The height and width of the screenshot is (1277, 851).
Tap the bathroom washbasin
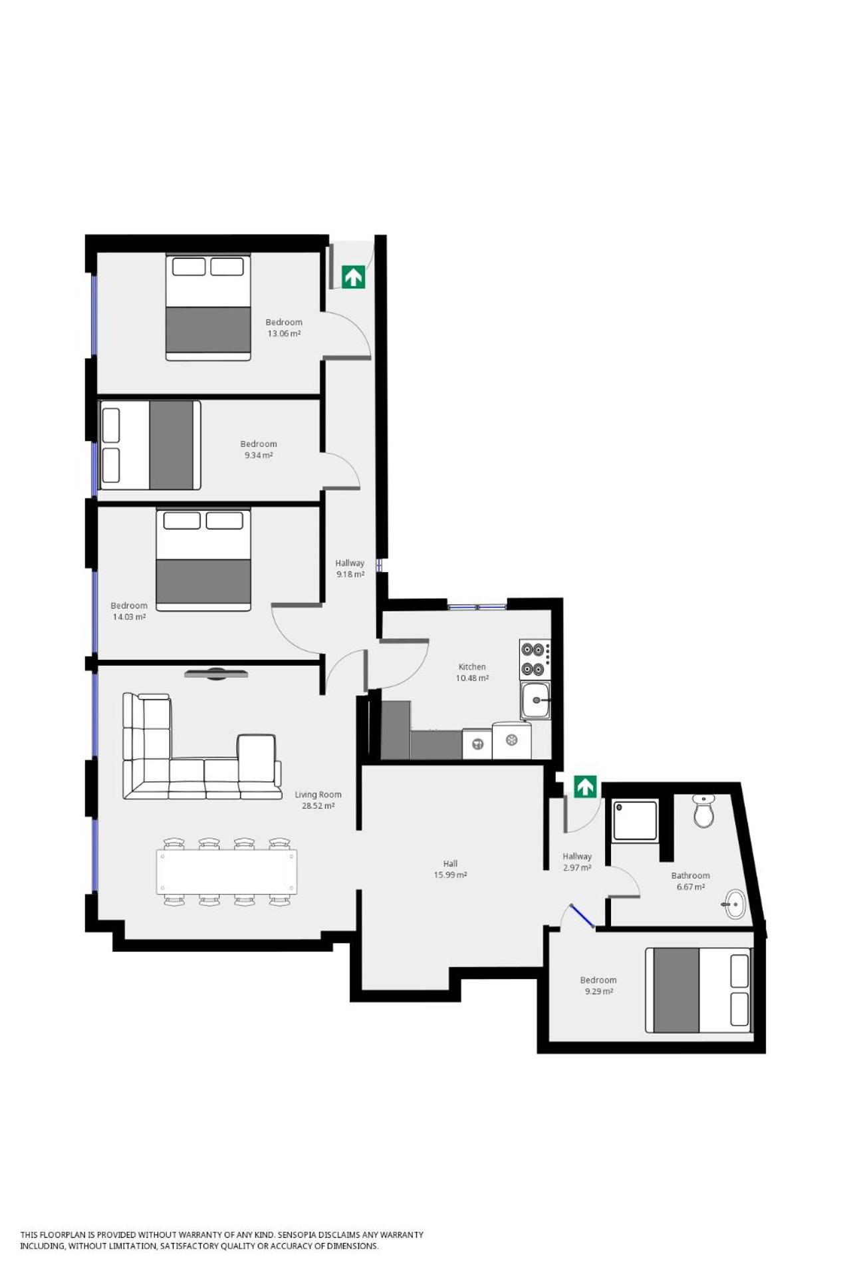point(734,904)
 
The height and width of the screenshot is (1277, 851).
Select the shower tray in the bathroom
point(635,821)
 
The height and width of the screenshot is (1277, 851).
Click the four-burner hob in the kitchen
point(535,659)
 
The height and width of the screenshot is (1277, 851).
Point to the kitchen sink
point(535,700)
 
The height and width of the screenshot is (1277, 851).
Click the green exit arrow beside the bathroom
point(585,787)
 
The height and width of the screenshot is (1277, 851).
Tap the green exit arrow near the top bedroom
point(353,277)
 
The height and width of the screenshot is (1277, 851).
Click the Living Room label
point(318,794)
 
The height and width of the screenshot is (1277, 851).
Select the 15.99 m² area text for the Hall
point(450,875)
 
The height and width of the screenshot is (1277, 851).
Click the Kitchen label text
point(472,666)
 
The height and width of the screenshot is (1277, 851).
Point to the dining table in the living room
point(227,871)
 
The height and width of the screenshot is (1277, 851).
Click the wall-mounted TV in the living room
point(216,674)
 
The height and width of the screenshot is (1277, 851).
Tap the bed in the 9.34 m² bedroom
point(150,445)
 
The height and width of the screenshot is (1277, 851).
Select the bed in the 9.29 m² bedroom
point(698,990)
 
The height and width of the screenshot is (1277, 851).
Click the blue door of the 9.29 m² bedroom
point(582,916)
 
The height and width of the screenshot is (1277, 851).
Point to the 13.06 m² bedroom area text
point(284,333)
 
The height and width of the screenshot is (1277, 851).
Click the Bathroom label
point(690,875)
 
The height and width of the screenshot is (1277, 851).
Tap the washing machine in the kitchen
point(477,744)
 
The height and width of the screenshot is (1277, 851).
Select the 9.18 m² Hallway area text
point(350,574)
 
